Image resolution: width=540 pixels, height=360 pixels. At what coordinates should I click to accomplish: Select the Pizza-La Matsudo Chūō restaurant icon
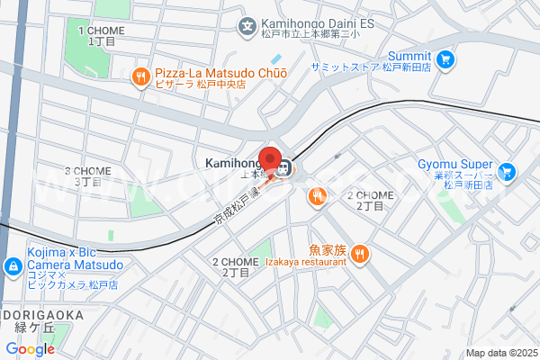[140, 78]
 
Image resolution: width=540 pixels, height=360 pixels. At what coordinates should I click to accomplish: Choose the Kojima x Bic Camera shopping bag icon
[13, 266]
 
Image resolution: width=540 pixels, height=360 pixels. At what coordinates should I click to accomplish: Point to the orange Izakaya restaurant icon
[359, 254]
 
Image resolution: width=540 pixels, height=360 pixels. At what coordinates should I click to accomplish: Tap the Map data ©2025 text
[500, 352]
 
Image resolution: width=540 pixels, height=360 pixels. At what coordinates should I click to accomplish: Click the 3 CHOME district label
[87, 175]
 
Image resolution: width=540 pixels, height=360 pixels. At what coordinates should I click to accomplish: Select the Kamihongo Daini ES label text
[317, 26]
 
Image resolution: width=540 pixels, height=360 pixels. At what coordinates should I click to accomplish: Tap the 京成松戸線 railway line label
[236, 210]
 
